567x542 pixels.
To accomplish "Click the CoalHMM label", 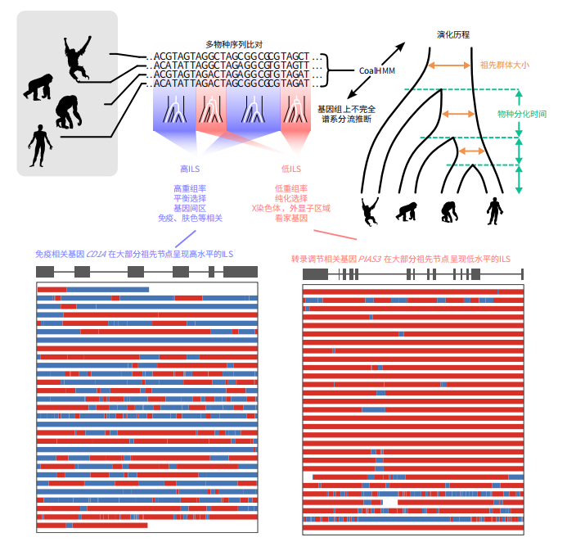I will [x=377, y=70].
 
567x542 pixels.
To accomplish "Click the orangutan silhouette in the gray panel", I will [x=77, y=57].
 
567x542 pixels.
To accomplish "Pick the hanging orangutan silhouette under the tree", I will [x=370, y=210].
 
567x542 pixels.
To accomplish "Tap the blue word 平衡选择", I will [x=190, y=199].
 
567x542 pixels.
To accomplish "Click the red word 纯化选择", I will [x=291, y=199].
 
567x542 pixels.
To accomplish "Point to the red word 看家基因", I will [x=291, y=219].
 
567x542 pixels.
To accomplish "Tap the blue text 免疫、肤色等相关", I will [x=190, y=219].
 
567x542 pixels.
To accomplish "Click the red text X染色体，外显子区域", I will [x=291, y=209].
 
